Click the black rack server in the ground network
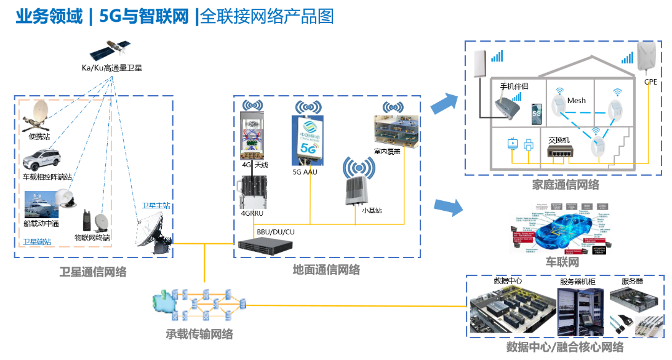(x=265, y=245)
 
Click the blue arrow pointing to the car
(x=449, y=207)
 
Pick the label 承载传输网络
(x=199, y=334)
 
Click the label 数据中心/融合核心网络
(x=564, y=347)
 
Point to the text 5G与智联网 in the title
(x=144, y=17)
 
